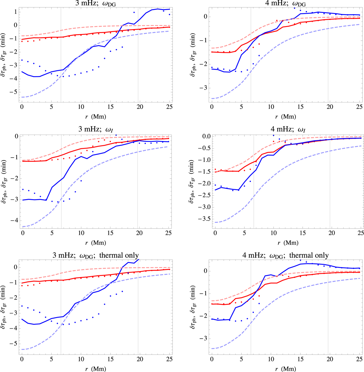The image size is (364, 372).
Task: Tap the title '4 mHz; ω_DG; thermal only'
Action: [x=285, y=255]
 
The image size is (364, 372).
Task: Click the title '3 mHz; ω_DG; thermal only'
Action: [x=95, y=255]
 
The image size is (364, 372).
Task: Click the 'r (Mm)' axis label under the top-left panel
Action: [x=95, y=116]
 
